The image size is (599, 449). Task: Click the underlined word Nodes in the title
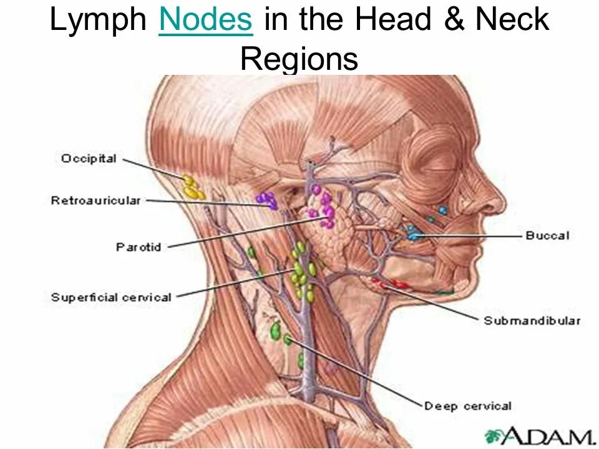206,21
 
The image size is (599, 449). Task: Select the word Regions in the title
299,59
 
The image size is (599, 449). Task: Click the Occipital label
89,159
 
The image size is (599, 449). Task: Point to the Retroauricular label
95,201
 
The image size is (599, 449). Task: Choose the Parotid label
139,247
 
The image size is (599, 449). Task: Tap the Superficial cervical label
111,297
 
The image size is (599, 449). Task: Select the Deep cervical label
468,407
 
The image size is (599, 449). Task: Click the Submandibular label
532,321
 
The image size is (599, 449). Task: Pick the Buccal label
547,236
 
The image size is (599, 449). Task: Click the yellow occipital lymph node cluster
192,188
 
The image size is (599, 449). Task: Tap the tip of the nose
503,206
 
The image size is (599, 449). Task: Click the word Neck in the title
512,21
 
